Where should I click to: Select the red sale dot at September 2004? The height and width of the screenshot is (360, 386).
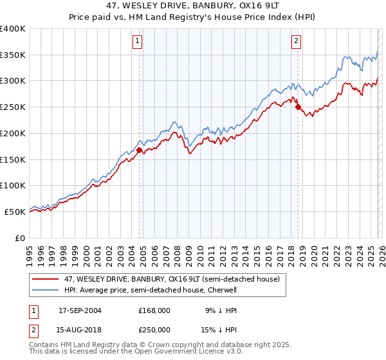140,150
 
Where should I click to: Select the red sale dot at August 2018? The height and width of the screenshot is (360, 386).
298,107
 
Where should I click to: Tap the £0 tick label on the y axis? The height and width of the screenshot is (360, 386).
20,238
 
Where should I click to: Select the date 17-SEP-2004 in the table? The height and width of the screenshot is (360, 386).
80,310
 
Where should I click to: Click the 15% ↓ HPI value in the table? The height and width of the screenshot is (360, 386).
218,329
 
